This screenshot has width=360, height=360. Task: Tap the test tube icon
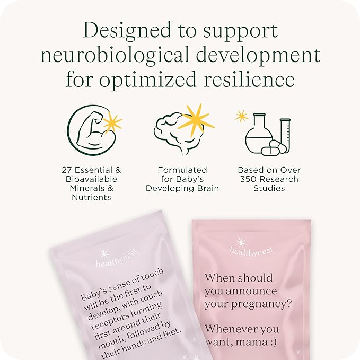[x=285, y=135]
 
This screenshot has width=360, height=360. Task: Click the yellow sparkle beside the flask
[x=242, y=116]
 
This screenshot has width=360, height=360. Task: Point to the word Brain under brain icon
[x=207, y=188]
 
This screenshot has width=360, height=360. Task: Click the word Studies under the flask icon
[x=269, y=188]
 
